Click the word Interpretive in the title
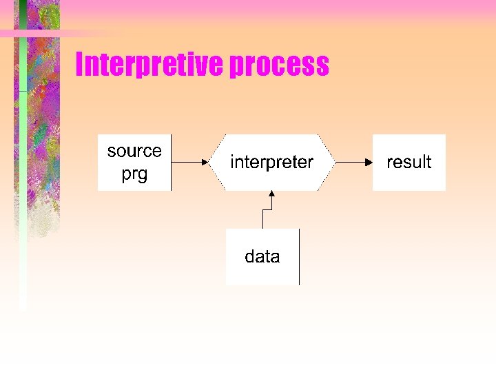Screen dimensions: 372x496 pyautogui.click(x=149, y=65)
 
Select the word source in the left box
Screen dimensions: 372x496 pyautogui.click(x=134, y=151)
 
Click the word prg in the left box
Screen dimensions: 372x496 pyautogui.click(x=134, y=174)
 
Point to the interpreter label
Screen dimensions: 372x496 pyautogui.click(x=271, y=162)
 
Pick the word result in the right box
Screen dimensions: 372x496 pyautogui.click(x=409, y=162)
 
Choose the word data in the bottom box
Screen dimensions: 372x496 pyautogui.click(x=262, y=257)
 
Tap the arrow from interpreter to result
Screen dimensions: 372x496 pyautogui.click(x=353, y=163)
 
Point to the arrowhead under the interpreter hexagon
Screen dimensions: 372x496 pyautogui.click(x=272, y=195)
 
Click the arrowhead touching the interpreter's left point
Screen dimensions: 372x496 pyautogui.click(x=205, y=163)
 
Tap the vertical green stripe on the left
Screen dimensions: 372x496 pyautogui.click(x=23, y=172)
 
